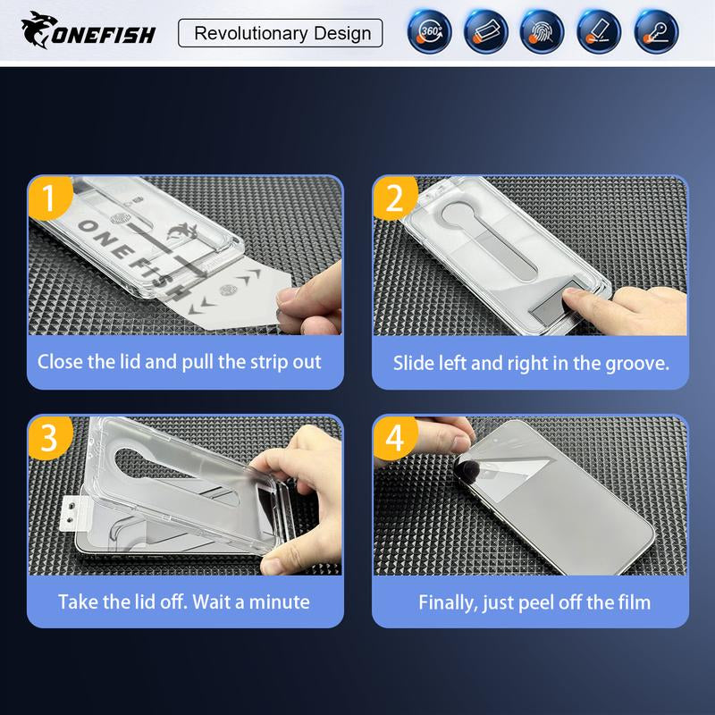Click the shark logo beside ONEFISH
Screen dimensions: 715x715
pos(39,29)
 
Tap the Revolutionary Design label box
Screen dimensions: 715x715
pos(281,33)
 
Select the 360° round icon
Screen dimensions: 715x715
pos(430,32)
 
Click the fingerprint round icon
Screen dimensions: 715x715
pos(543,32)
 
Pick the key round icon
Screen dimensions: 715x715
pos(656,32)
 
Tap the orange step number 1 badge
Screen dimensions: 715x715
pos(50,198)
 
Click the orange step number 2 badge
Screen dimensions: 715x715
pos(395,198)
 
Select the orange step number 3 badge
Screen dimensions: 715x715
pos(50,437)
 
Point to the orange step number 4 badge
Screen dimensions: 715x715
pos(395,437)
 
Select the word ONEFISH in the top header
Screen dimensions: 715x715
pos(104,35)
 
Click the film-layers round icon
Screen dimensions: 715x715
pos(485,32)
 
